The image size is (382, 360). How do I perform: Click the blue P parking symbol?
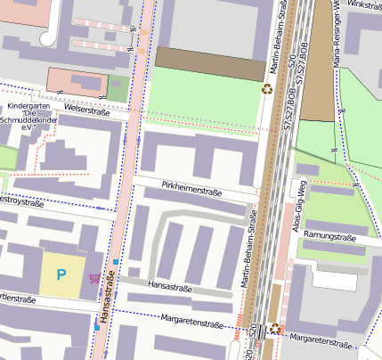pyautogui.click(x=61, y=274)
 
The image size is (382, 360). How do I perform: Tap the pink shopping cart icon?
pyautogui.click(x=94, y=278)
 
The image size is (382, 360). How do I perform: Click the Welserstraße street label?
pyautogui.click(x=86, y=111)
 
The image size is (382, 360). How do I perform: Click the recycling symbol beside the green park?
pyautogui.click(x=267, y=88)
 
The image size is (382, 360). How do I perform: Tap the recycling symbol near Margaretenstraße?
pyautogui.click(x=275, y=328)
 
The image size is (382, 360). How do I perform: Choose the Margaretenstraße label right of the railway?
pyautogui.click(x=321, y=340)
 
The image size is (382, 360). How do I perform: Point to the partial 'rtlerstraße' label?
pyautogui.click(x=18, y=299)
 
